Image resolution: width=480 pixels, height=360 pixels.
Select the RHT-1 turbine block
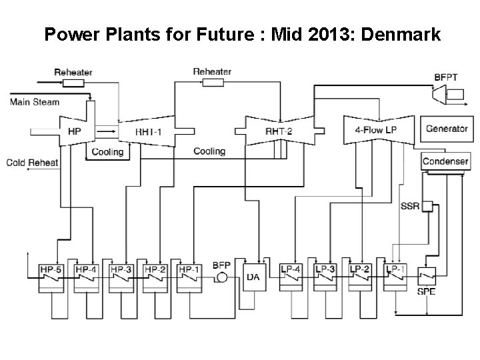[x=148, y=132]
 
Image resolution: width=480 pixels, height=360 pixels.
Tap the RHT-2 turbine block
[x=279, y=131]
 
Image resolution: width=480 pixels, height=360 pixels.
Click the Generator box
[x=446, y=129]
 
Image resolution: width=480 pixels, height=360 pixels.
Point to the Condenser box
[x=445, y=161]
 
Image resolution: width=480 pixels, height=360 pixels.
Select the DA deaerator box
[x=253, y=277]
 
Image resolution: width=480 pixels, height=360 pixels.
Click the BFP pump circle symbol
[x=221, y=277]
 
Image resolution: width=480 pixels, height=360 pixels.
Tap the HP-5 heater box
[x=50, y=275]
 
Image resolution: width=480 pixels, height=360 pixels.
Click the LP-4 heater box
[x=292, y=275]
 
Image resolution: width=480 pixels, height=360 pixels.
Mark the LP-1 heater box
[x=395, y=275]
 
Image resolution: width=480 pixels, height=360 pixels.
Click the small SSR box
[x=427, y=205]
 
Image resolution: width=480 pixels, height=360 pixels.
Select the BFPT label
[x=446, y=77]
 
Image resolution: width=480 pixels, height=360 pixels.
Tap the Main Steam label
[x=35, y=102]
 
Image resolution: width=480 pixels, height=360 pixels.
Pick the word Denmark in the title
[x=400, y=34]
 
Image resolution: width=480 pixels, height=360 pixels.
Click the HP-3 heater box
[x=121, y=275]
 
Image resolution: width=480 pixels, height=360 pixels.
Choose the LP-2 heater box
[x=360, y=275]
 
